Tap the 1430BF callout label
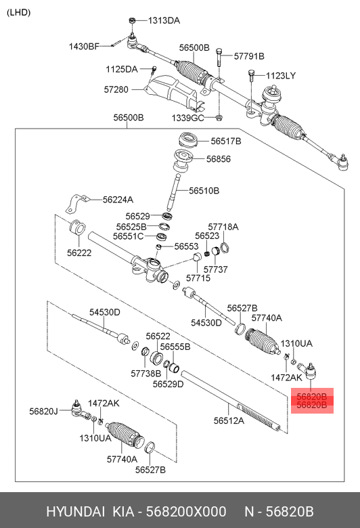click(83, 46)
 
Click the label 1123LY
click(281, 75)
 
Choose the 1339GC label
click(187, 118)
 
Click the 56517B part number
click(225, 141)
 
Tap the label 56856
click(219, 159)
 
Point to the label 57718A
click(223, 226)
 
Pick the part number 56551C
click(128, 236)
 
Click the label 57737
click(216, 269)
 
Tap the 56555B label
click(175, 346)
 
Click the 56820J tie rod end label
click(44, 410)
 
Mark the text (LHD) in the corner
click(18, 12)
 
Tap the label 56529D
click(168, 384)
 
